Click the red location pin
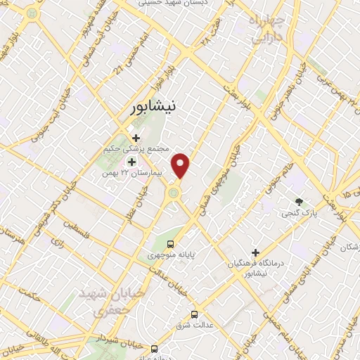pyautogui.click(x=181, y=165)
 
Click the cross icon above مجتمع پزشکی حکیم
pyautogui.click(x=136, y=138)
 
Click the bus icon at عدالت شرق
pyautogui.click(x=195, y=315)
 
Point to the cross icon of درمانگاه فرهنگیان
pyautogui.click(x=255, y=252)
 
